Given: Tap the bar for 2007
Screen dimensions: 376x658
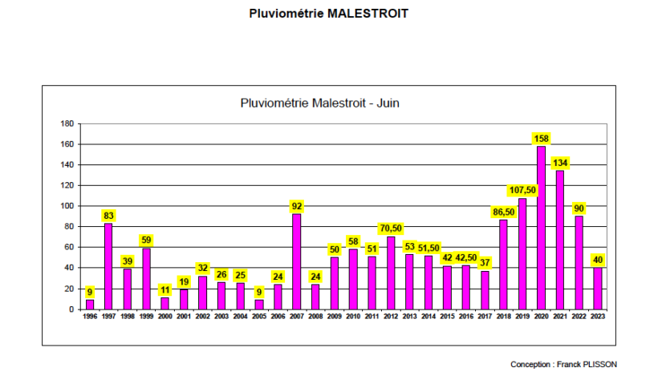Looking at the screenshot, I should pyautogui.click(x=297, y=261).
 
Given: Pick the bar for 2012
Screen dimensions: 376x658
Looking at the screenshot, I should pyautogui.click(x=391, y=273).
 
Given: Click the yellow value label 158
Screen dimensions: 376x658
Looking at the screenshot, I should pyautogui.click(x=542, y=139).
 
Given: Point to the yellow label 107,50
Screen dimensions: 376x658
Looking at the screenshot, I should pyautogui.click(x=522, y=190).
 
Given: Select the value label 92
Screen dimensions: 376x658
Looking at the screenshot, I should pyautogui.click(x=297, y=206).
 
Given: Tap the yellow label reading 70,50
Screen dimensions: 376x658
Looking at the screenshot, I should pyautogui.click(x=391, y=228).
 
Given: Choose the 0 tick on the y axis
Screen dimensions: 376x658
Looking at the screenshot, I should pyautogui.click(x=71, y=309).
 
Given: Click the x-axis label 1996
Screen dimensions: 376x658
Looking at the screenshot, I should pyautogui.click(x=90, y=317).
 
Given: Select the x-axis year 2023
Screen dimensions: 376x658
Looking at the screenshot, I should pyautogui.click(x=598, y=317).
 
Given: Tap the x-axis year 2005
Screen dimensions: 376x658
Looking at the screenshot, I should pyautogui.click(x=259, y=317).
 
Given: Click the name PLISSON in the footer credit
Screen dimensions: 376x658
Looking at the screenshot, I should pyautogui.click(x=601, y=364).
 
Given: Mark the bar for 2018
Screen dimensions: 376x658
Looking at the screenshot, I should pyautogui.click(x=504, y=265).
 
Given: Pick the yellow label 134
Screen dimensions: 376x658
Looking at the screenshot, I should pyautogui.click(x=560, y=164).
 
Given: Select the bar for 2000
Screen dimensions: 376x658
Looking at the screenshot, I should pyautogui.click(x=165, y=303).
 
